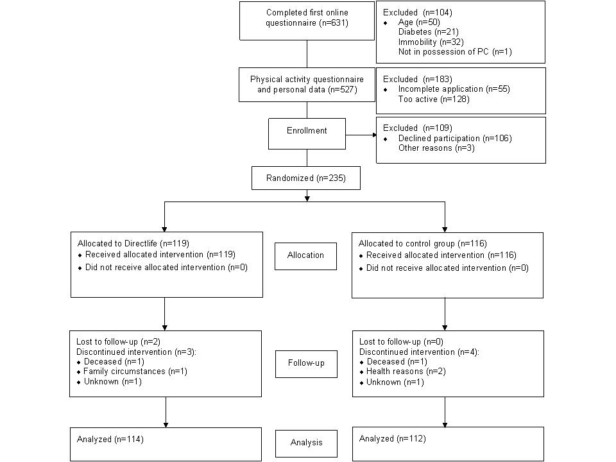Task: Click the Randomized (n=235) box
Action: (306, 178)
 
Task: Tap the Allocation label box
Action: (305, 255)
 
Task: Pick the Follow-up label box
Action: (306, 363)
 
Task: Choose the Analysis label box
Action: (305, 443)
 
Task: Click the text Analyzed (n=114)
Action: (110, 440)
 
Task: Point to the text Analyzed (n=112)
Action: (392, 439)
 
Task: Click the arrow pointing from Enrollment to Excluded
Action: (361, 135)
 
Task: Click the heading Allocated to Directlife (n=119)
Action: (133, 244)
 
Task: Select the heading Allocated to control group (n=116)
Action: (422, 244)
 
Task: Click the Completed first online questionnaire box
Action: (307, 20)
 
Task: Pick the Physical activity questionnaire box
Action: (307, 84)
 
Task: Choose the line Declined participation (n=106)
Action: (454, 138)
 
